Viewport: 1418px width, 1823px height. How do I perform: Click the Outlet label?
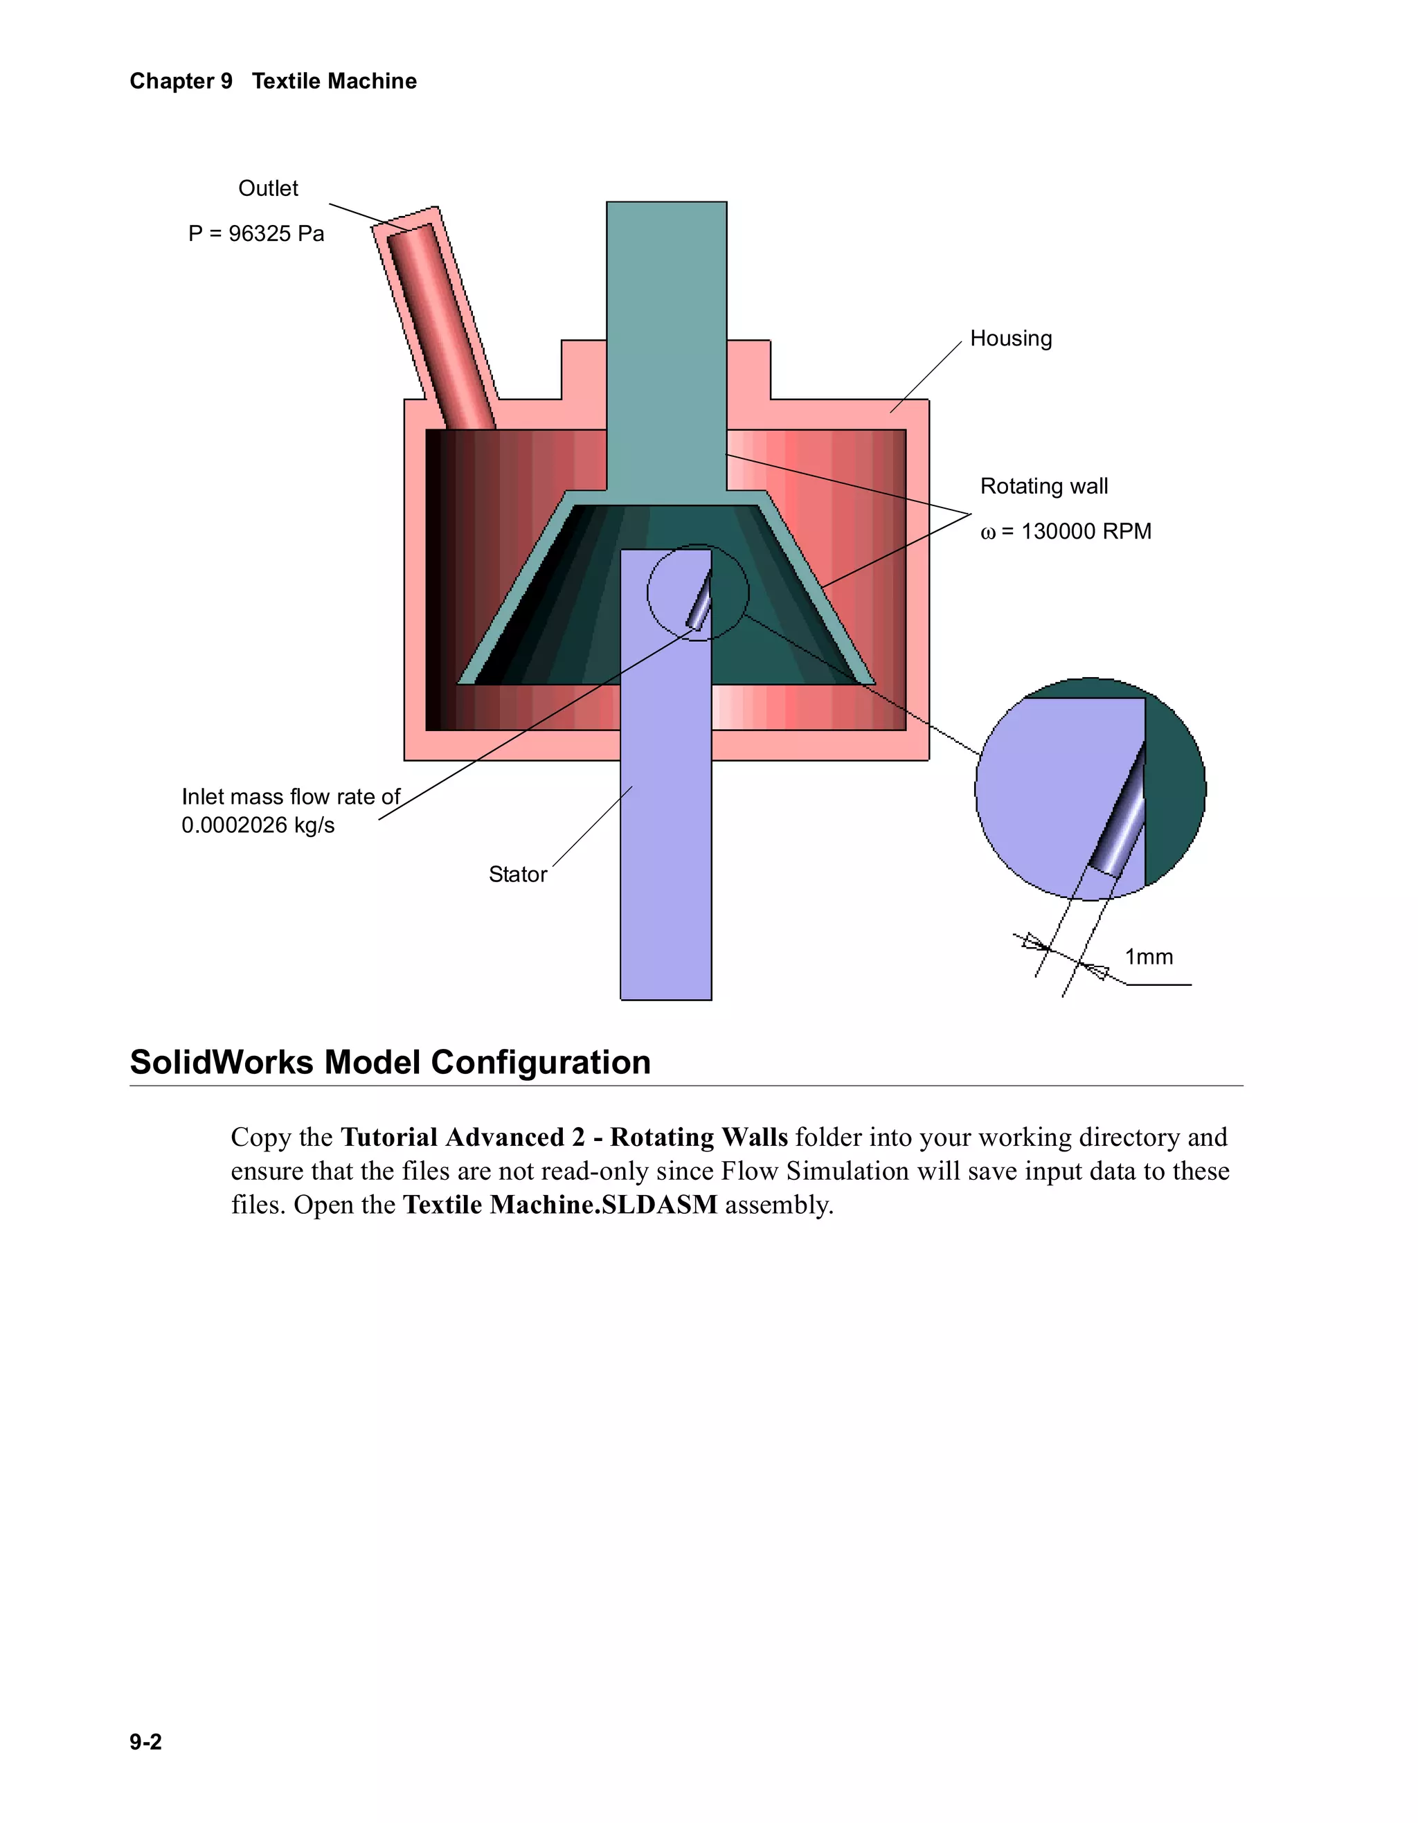click(268, 188)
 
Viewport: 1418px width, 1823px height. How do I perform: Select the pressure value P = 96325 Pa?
click(256, 234)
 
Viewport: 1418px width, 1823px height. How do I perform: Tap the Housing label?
click(1011, 338)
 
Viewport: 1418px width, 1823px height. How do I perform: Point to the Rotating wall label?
click(1044, 486)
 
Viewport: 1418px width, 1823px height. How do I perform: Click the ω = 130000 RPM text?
click(1066, 532)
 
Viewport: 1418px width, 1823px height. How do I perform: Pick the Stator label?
click(517, 874)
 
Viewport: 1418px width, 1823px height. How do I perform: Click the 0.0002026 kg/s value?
click(258, 825)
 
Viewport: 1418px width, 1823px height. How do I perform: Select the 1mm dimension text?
click(1149, 957)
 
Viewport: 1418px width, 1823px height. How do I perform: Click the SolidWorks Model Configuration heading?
click(390, 1062)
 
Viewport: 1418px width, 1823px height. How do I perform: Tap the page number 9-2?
click(145, 1741)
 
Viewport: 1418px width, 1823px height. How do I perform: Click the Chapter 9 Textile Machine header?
click(273, 81)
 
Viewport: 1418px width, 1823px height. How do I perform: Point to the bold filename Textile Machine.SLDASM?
click(560, 1205)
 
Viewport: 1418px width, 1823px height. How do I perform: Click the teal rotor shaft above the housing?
click(666, 334)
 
